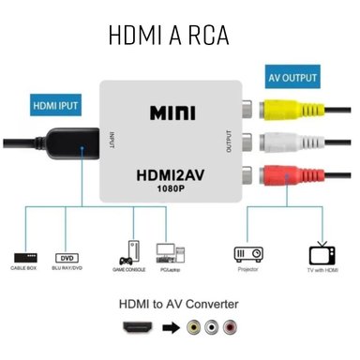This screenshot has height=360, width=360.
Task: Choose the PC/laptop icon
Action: [166, 252]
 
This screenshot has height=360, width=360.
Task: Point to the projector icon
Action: [247, 253]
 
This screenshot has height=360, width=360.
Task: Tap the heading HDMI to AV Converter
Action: [178, 304]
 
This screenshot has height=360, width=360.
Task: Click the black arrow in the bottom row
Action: [172, 330]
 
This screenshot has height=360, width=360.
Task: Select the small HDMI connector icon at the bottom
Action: [140, 330]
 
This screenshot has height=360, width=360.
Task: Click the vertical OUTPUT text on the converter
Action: [228, 142]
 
